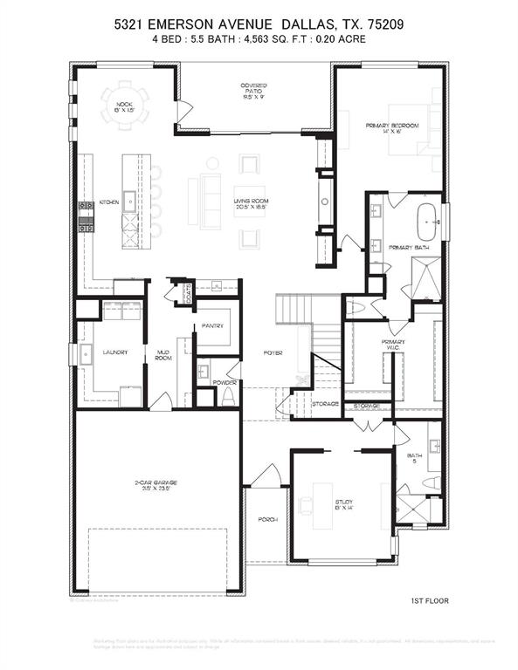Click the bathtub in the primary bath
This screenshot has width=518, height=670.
(427, 223)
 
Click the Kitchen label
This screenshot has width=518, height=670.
(108, 202)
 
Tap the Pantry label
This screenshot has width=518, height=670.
(212, 326)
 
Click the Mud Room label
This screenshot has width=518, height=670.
(163, 355)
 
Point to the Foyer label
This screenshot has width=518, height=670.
(273, 352)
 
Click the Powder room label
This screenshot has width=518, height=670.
(225, 382)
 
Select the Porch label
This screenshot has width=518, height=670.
(267, 519)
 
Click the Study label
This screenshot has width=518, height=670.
(343, 504)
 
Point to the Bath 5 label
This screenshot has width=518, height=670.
(415, 458)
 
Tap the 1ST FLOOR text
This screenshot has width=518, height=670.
(430, 601)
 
